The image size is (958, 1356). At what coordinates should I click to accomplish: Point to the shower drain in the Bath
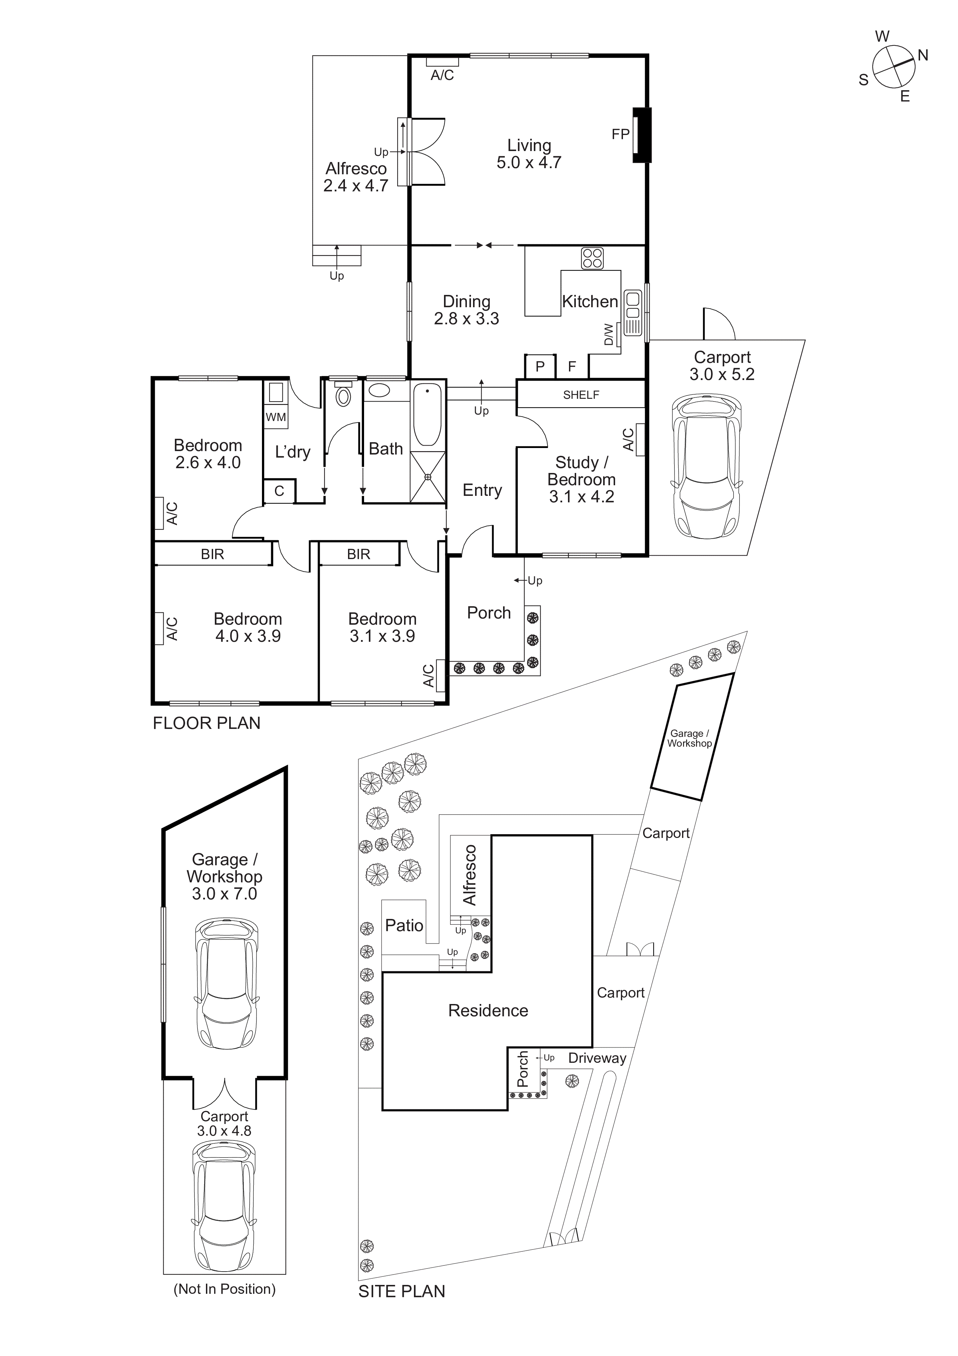tap(428, 477)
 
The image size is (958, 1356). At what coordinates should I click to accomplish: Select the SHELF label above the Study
tap(581, 395)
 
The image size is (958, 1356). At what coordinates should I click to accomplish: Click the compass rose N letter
tap(922, 55)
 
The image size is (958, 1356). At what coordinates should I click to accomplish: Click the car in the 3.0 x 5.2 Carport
tap(706, 467)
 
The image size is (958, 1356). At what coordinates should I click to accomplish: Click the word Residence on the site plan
tap(488, 1011)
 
